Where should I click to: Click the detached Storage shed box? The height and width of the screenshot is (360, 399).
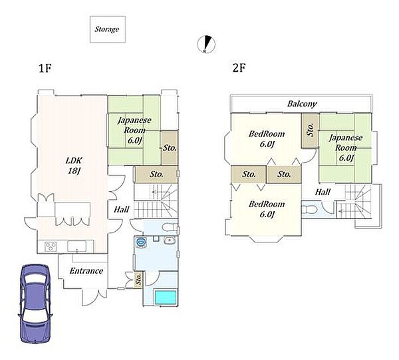point(108,29)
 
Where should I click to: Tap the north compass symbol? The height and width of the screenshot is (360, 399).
point(206,45)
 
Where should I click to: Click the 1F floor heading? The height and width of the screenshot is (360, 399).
point(45,68)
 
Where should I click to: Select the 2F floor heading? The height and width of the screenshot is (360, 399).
point(239,68)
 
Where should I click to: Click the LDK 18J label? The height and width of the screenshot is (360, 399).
point(74,165)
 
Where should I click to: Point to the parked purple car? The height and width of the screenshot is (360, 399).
point(35,304)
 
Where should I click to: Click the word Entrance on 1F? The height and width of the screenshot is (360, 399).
point(86,271)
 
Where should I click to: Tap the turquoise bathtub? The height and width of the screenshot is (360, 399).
point(166,297)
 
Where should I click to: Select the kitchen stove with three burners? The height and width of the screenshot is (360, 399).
point(51,246)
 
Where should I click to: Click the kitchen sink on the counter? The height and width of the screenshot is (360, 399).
point(77,246)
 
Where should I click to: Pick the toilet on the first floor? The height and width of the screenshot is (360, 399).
point(170,226)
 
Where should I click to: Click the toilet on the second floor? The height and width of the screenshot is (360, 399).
point(309,210)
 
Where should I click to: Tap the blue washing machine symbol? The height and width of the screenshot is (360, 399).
point(141,242)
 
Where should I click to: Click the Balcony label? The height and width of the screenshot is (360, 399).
point(302,104)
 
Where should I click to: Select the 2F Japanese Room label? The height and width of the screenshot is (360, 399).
point(346,147)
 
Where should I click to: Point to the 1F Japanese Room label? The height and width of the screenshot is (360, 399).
point(134,130)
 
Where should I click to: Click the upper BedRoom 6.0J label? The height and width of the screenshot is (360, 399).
point(267,139)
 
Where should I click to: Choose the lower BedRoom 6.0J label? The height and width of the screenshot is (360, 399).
point(267,209)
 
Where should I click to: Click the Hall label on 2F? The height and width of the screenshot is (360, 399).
point(323,192)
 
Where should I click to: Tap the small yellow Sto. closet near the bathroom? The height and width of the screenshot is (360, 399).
point(138,279)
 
